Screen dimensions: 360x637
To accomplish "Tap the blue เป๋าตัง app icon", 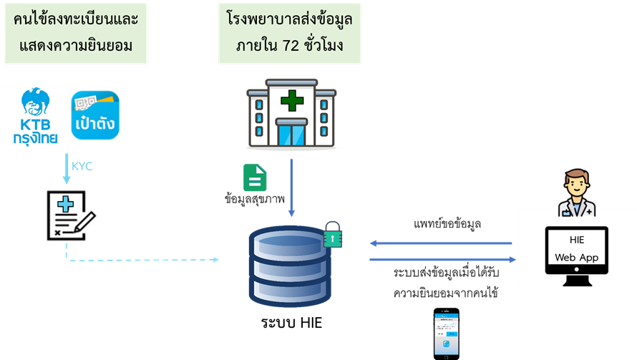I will [x=94, y=115].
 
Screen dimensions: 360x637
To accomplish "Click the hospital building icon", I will [x=291, y=117].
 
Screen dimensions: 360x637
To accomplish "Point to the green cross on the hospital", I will [x=291, y=100].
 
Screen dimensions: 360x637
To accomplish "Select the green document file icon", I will [x=255, y=180].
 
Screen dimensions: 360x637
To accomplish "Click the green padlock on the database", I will [x=331, y=235].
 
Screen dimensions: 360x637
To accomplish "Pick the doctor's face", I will [x=576, y=184].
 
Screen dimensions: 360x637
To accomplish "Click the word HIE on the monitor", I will [x=577, y=241].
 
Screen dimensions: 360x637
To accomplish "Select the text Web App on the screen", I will [x=576, y=257].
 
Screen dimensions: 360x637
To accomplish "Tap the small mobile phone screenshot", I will [x=446, y=334].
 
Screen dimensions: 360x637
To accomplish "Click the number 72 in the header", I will [x=292, y=47].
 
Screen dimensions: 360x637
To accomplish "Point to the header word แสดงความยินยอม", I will [x=75, y=47].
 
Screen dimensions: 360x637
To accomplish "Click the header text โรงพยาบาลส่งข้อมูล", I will [x=289, y=19].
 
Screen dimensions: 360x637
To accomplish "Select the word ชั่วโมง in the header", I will [x=324, y=47].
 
